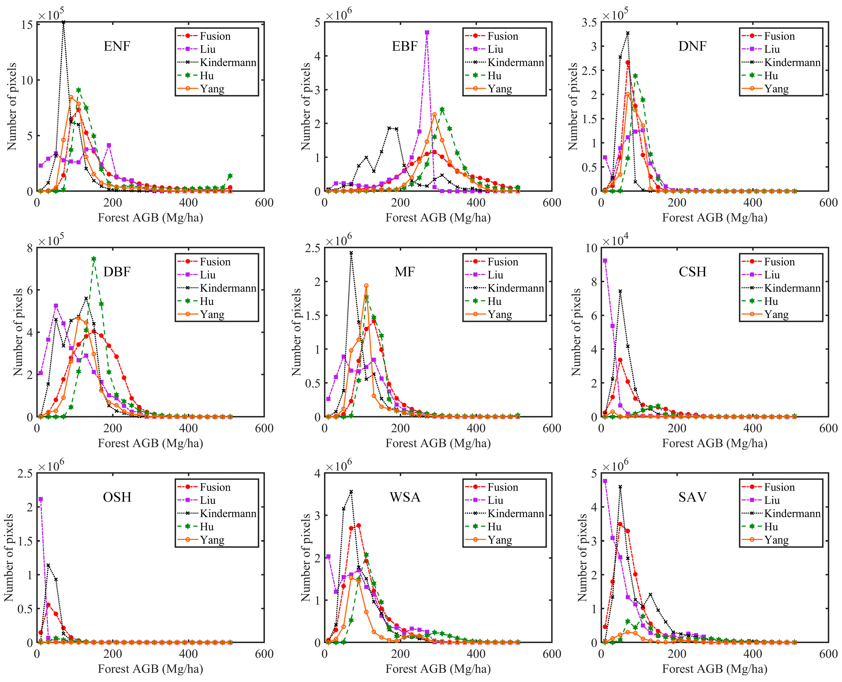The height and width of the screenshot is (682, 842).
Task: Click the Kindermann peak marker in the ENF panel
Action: pos(63,22)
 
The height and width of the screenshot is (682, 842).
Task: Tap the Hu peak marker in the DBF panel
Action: pos(93,259)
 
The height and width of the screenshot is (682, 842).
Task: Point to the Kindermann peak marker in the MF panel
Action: pos(351,253)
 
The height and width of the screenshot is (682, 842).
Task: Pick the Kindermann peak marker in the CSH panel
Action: pos(620,291)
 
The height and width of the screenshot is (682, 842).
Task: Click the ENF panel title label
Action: pos(117,46)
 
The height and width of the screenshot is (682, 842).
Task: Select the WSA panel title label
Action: pos(405,497)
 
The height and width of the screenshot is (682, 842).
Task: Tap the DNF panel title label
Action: pos(692,46)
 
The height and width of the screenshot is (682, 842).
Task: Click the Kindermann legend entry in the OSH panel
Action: pos(228,513)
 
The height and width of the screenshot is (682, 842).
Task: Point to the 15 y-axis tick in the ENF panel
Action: pos(27,25)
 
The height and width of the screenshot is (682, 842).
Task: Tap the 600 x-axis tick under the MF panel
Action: pos(552,428)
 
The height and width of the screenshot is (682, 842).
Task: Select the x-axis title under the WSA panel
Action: pos(438,669)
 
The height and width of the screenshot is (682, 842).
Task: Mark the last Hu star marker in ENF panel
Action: pos(230,176)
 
